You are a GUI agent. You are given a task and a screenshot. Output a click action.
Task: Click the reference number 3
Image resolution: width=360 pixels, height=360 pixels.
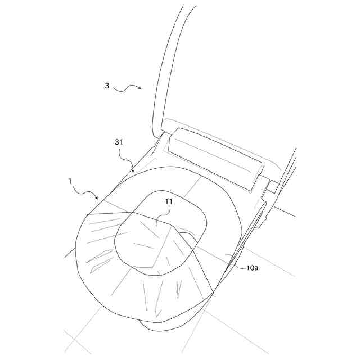(107, 86)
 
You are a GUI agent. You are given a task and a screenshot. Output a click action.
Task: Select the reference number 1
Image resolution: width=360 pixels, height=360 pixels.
(70, 181)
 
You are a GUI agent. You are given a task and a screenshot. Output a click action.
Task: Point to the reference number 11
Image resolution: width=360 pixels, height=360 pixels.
(169, 201)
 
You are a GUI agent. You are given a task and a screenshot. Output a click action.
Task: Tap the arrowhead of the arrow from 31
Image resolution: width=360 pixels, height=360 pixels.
(133, 172)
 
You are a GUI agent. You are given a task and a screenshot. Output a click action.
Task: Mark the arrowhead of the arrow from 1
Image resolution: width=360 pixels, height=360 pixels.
(98, 198)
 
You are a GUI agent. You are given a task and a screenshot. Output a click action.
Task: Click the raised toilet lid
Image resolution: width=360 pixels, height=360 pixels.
(169, 62)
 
